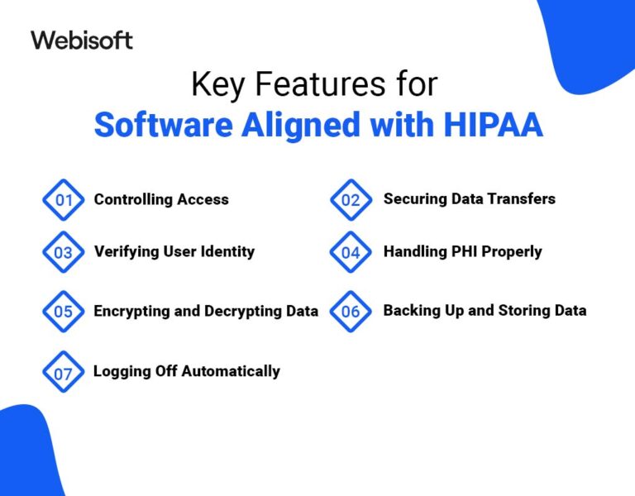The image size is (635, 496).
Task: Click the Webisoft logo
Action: (x=81, y=40)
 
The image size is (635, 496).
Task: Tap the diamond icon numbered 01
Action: (x=64, y=200)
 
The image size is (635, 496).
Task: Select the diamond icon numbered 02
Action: (x=351, y=200)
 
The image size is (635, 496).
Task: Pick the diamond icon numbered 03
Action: (x=64, y=253)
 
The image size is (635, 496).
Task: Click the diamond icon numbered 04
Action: (x=351, y=253)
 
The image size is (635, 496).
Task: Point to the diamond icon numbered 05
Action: (x=64, y=312)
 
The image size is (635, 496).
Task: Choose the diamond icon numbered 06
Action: (x=351, y=312)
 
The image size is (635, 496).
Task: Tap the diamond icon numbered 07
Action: (x=64, y=373)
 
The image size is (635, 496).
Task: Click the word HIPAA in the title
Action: (x=495, y=124)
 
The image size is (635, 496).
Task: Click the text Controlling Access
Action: (x=161, y=199)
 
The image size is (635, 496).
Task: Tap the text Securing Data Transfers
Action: (x=469, y=198)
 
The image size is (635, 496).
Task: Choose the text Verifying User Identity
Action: (x=174, y=251)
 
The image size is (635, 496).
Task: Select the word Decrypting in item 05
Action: (x=235, y=312)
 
